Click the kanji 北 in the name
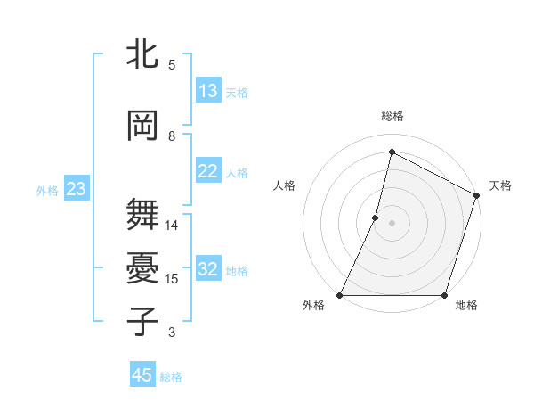(x=143, y=55)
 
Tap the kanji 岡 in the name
(x=143, y=127)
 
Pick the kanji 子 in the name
(x=143, y=322)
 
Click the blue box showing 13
(x=207, y=91)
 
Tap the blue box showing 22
(x=207, y=171)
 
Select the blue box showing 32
(x=207, y=269)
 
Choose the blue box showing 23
(x=76, y=189)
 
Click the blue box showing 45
(x=142, y=375)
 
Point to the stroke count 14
(x=173, y=226)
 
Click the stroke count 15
(x=173, y=279)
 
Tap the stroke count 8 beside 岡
(x=172, y=136)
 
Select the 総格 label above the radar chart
(x=392, y=116)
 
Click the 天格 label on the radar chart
(x=500, y=185)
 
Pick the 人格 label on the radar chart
(x=284, y=185)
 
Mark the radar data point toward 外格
(x=340, y=295)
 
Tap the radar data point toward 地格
(x=444, y=295)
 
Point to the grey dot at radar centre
(x=392, y=223)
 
